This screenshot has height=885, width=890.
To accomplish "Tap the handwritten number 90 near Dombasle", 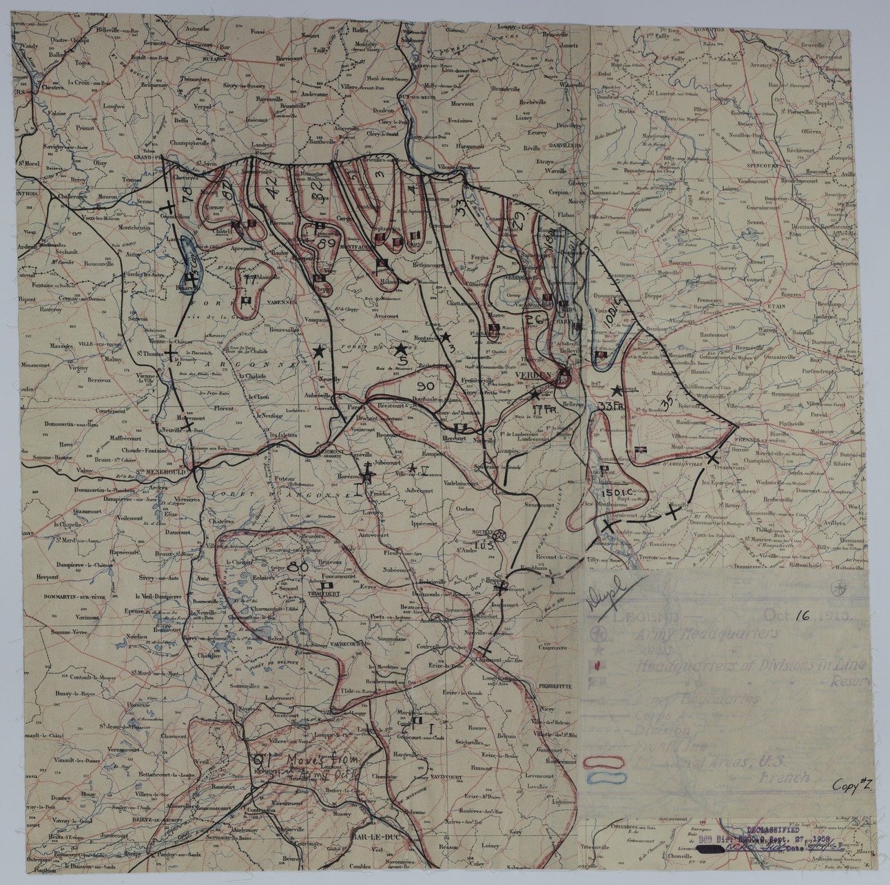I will click(425, 385).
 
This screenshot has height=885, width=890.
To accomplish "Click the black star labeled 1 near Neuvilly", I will click(319, 351).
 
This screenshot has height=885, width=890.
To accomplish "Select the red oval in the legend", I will click(604, 762).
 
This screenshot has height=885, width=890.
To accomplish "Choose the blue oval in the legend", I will click(604, 777).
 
